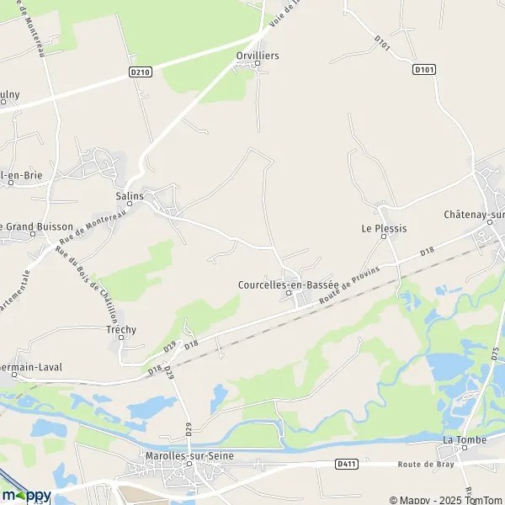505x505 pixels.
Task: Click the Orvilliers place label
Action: point(257,55)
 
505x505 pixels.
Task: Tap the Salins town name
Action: point(130,195)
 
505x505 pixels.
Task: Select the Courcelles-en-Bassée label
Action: point(288,284)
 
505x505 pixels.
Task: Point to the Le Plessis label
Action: point(384,228)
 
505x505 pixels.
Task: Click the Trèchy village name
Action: point(121,330)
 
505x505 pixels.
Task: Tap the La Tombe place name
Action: point(460,440)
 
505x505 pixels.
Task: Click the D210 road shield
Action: point(141,72)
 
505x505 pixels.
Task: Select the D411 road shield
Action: point(345,463)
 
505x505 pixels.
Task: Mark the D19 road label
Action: point(169,346)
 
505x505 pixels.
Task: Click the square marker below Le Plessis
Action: point(384,237)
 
